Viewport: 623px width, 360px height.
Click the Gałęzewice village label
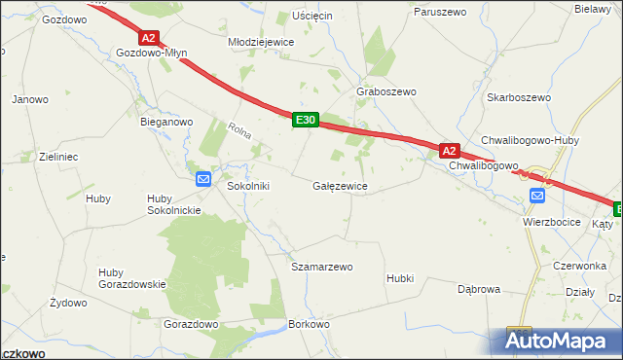(340, 185)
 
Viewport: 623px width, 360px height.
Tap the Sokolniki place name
(247, 185)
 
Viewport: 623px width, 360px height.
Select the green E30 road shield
(305, 120)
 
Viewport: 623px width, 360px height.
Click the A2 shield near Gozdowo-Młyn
(148, 38)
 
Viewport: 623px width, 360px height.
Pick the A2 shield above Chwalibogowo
(449, 151)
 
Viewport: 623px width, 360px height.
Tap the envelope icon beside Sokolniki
(203, 178)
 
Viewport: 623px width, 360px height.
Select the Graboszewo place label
(386, 91)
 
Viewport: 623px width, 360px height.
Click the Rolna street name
(239, 133)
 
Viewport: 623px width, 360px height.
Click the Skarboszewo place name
(519, 97)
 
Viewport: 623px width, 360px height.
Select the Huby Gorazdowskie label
(132, 277)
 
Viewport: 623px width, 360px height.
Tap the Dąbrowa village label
(479, 289)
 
